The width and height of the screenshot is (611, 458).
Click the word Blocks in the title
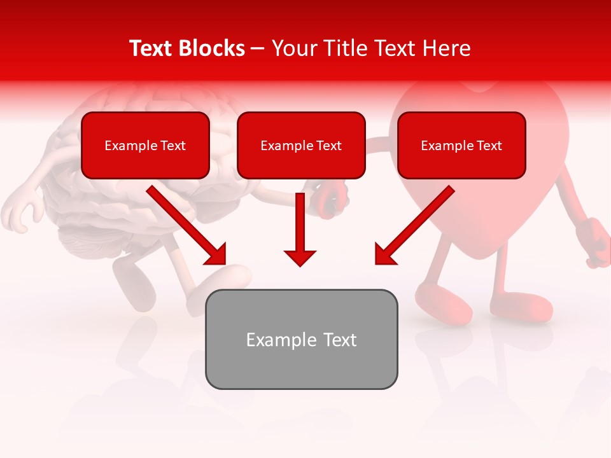tap(211, 48)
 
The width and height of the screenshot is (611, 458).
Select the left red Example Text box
tap(145, 146)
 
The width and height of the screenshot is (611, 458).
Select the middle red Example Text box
tap(301, 146)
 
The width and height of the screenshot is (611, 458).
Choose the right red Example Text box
tap(461, 146)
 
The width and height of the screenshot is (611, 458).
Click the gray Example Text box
tap(301, 340)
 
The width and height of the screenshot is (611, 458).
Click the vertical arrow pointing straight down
tap(300, 229)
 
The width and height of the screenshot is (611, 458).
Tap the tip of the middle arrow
tap(300, 263)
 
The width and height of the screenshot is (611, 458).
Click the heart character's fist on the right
tap(596, 242)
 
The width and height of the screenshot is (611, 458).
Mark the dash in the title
tap(258, 48)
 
